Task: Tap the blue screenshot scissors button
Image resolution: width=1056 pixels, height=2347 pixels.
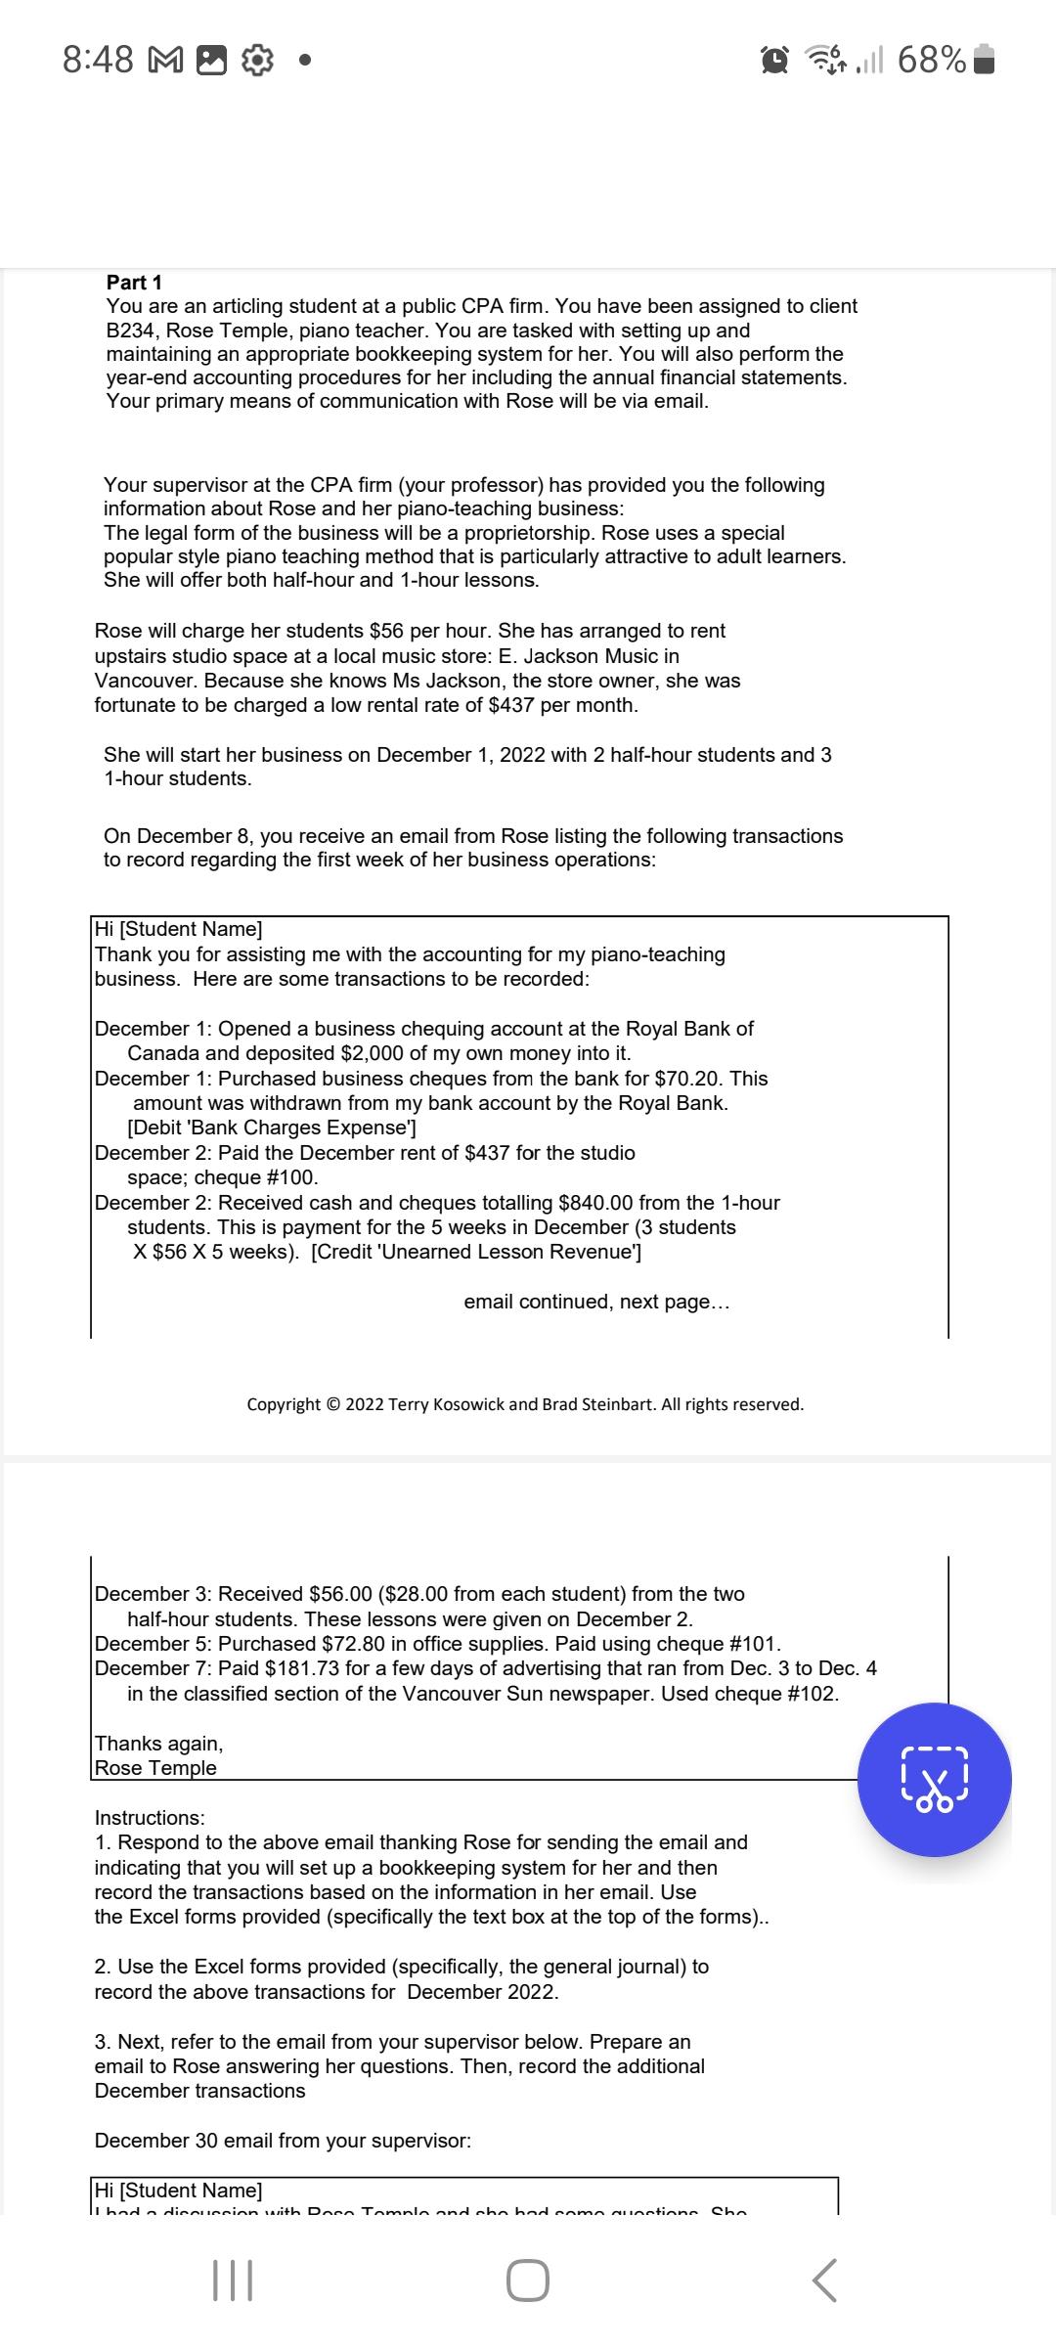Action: pos(934,1779)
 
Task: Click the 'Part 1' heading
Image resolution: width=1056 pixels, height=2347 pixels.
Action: pos(134,283)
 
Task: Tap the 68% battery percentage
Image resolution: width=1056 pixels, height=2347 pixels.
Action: pos(931,60)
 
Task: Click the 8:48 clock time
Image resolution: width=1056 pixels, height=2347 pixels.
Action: pos(98,60)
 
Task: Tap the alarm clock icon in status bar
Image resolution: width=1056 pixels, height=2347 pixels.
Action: pos(774,61)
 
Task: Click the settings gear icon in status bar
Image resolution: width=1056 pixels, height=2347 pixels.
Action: pos(257,61)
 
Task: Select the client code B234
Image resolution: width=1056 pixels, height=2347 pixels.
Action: pos(132,331)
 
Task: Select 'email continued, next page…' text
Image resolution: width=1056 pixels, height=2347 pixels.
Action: pos(596,1302)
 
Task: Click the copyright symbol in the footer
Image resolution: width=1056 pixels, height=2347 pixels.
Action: pos(332,1404)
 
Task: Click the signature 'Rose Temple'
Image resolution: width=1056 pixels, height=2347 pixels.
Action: pos(155,1768)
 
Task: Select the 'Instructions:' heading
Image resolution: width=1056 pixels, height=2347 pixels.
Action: pos(150,1818)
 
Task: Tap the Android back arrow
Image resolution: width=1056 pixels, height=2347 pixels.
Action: pos(824,2281)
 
